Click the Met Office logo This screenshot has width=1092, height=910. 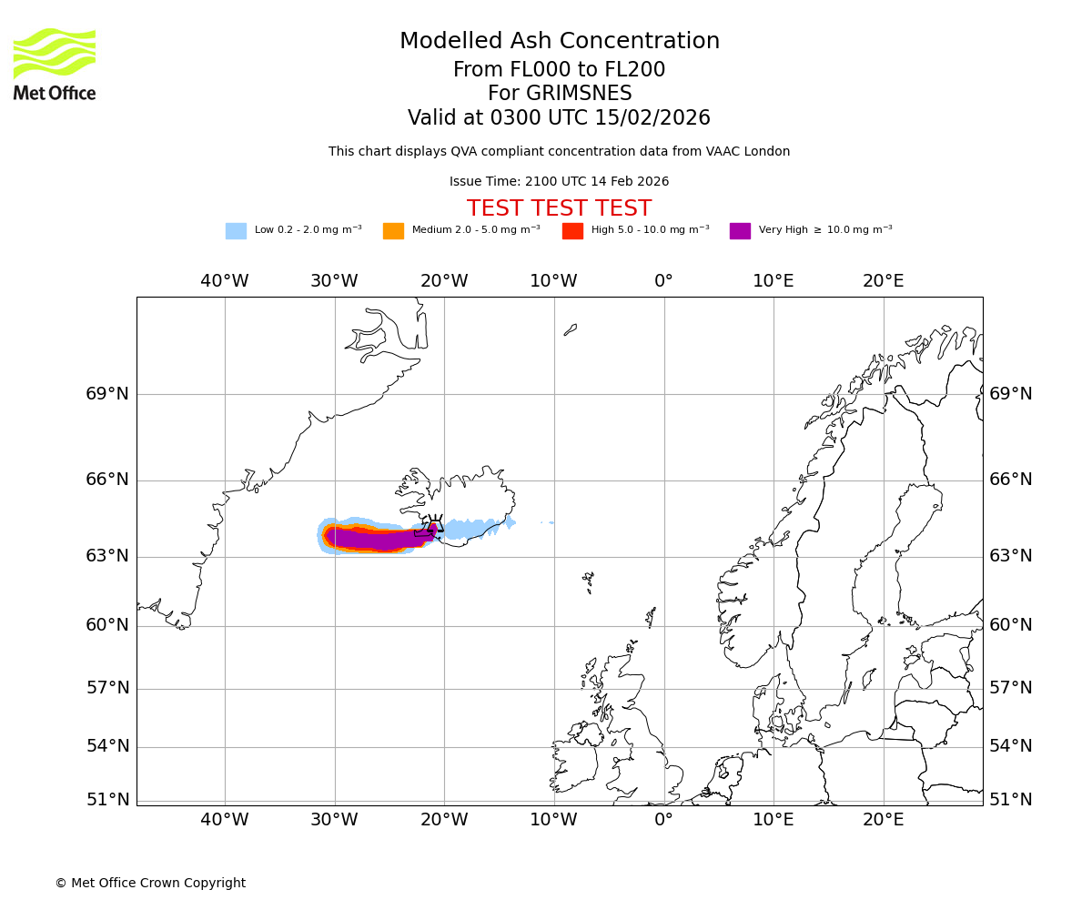(55, 64)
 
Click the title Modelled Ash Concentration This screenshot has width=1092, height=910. (560, 41)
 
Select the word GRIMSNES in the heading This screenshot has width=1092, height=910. (560, 94)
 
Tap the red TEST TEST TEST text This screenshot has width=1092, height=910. (559, 208)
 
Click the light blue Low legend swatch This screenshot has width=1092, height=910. (236, 231)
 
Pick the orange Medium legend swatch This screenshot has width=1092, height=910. (393, 231)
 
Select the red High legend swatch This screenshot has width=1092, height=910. (572, 231)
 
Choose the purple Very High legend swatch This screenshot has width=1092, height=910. (740, 231)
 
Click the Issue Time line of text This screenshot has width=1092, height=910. (559, 182)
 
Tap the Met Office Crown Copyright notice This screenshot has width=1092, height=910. (150, 883)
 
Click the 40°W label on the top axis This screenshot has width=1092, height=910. (225, 281)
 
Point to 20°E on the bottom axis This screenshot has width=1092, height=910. (883, 819)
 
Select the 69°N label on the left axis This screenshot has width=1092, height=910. (107, 394)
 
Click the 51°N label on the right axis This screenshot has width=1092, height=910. (1011, 800)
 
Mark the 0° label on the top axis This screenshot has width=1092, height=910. (663, 281)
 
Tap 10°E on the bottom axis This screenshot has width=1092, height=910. (773, 819)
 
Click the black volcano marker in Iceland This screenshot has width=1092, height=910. (435, 526)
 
